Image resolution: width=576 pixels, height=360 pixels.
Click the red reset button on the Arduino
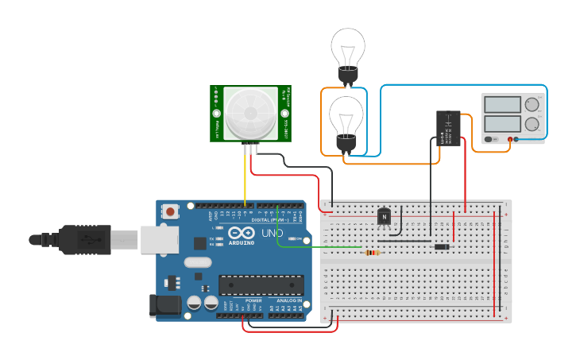click(x=170, y=211)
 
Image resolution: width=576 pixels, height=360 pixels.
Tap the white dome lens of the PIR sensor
click(x=249, y=114)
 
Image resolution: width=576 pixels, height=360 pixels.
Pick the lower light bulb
click(x=346, y=119)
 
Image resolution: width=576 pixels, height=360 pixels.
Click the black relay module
click(x=449, y=127)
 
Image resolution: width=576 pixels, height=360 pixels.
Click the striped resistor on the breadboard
click(x=372, y=253)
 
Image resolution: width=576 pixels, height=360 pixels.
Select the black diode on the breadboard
click(x=442, y=247)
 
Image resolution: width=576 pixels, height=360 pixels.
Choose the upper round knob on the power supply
click(x=532, y=104)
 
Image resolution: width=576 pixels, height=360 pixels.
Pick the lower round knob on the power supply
click(x=532, y=124)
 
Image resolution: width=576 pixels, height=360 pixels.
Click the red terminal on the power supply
click(x=508, y=140)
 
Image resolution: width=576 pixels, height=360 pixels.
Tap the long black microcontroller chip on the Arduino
click(x=261, y=285)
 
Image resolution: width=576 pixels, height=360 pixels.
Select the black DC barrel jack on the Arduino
click(x=161, y=307)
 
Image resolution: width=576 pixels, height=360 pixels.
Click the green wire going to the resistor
click(x=318, y=246)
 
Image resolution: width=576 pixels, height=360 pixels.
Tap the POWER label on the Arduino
click(x=253, y=301)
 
